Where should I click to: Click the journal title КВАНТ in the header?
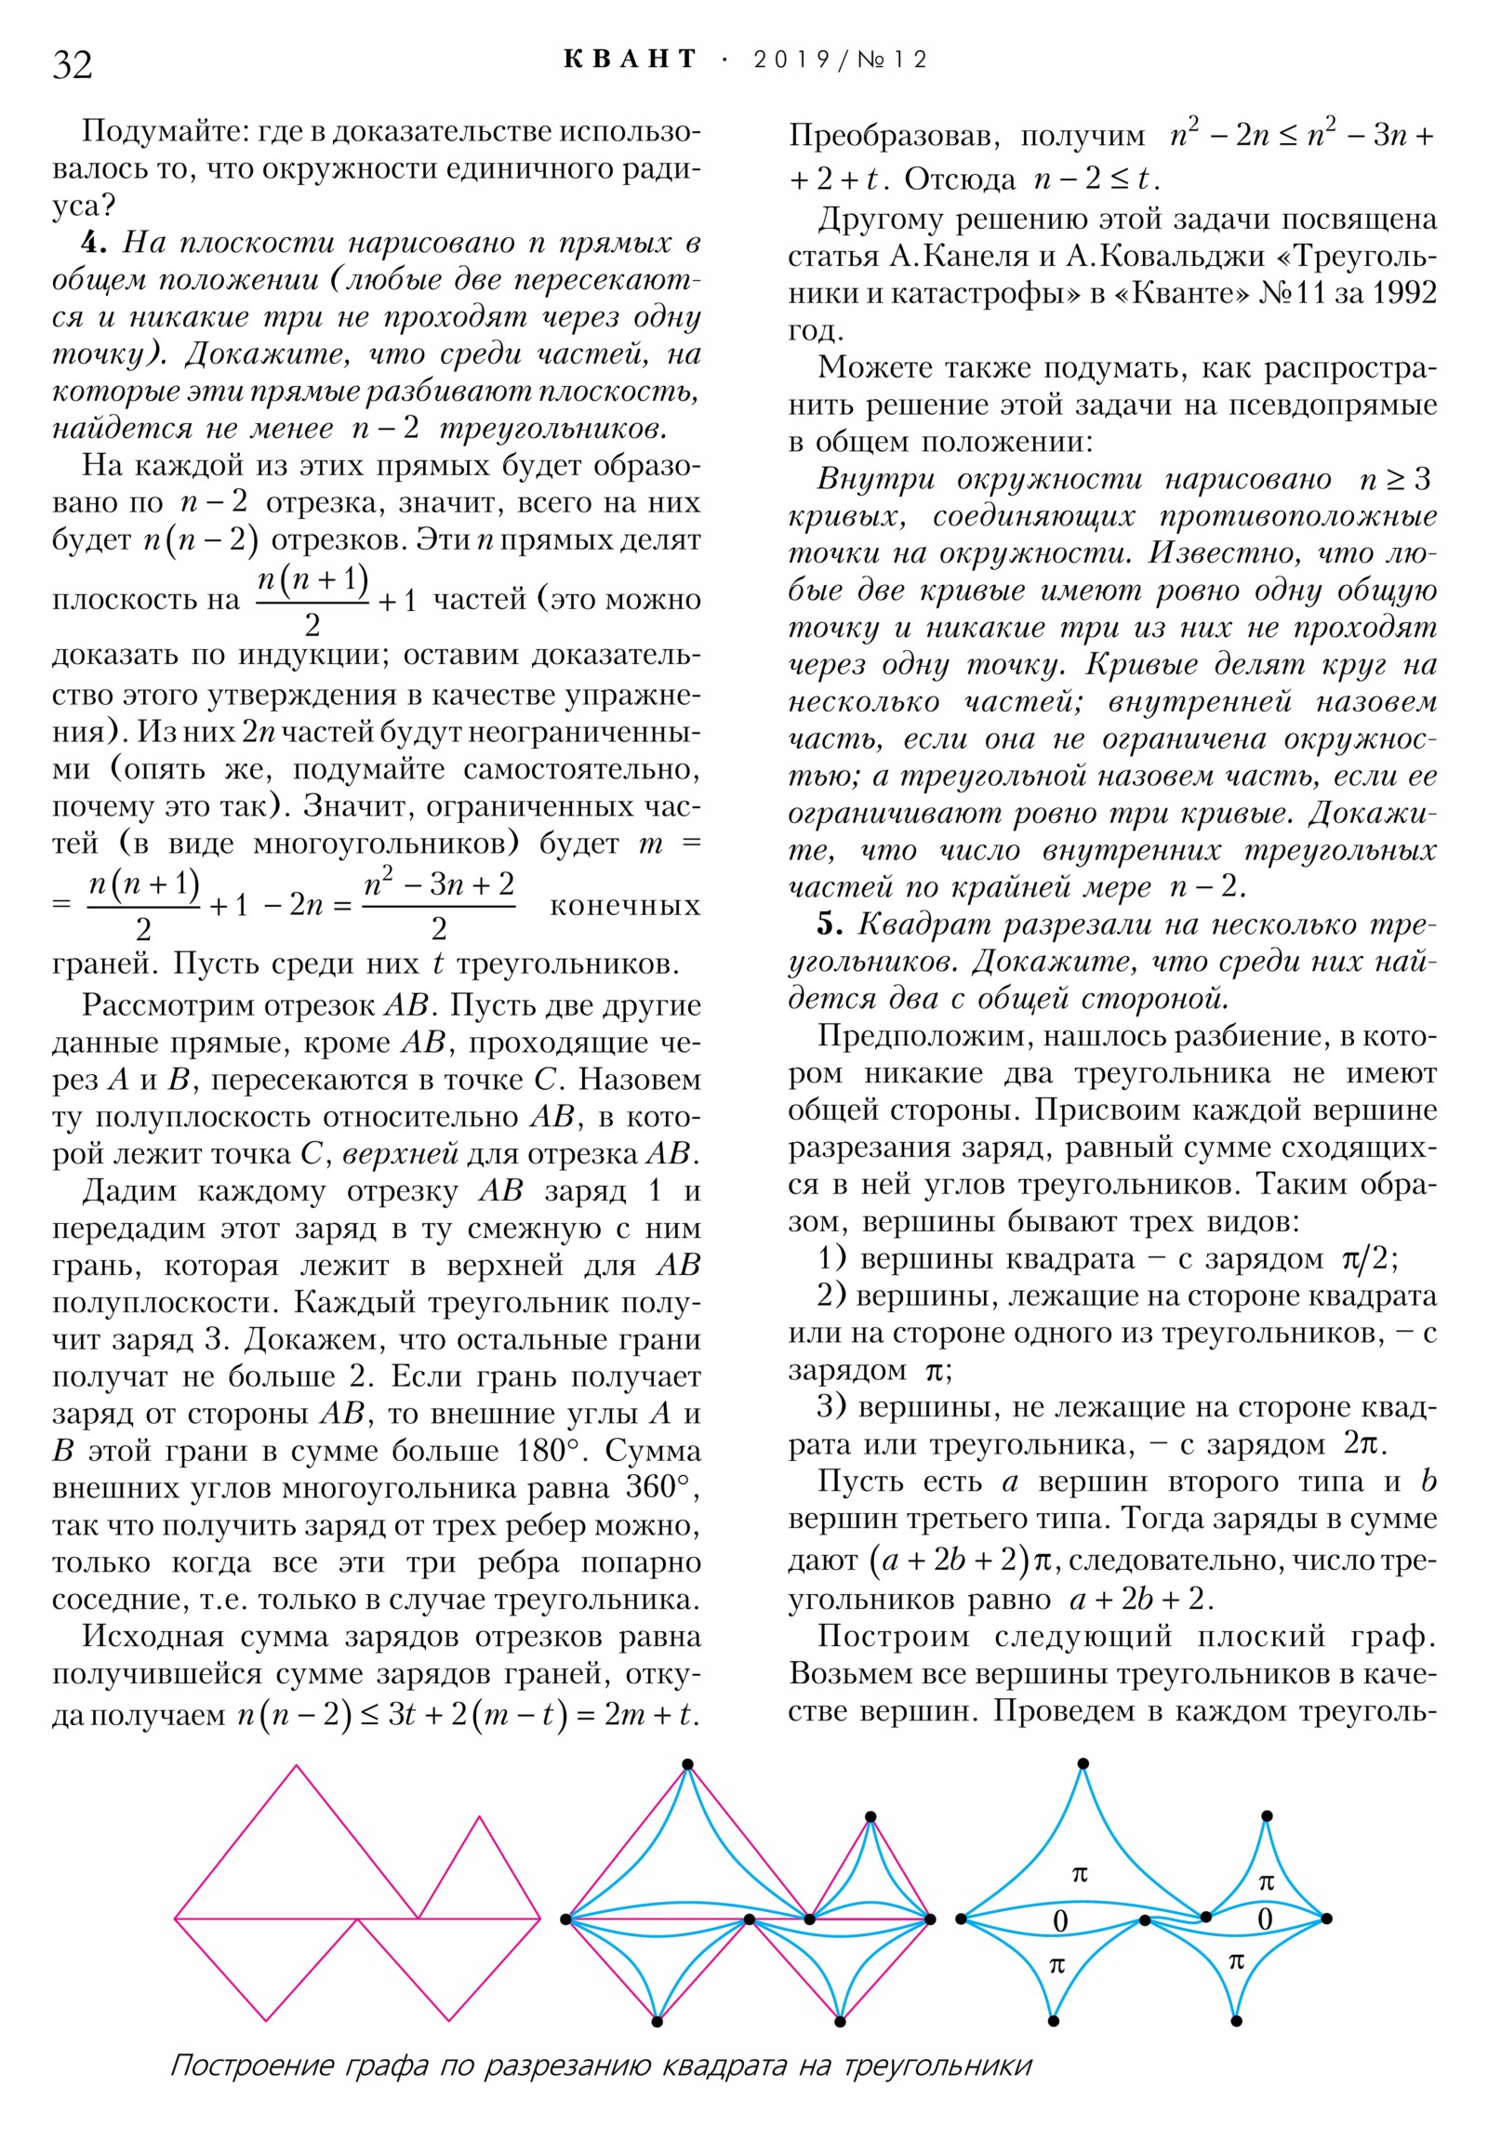click(631, 60)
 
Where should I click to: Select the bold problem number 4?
click(95, 243)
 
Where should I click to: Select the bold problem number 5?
click(830, 924)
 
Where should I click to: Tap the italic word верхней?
click(400, 1153)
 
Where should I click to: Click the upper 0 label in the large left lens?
click(1059, 1920)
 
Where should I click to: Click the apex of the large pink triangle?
click(297, 1765)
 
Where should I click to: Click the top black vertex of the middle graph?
click(687, 1763)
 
